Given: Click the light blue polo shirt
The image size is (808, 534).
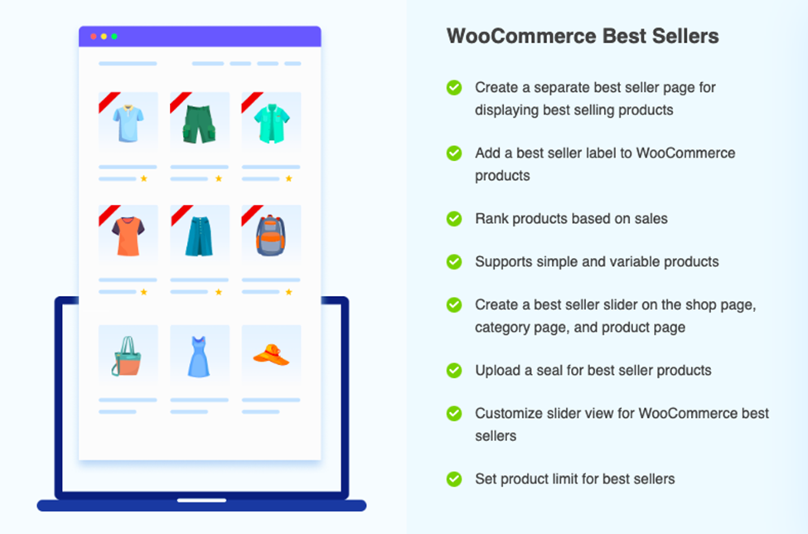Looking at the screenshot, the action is coord(128,123).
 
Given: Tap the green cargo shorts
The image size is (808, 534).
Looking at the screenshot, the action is coord(199,124).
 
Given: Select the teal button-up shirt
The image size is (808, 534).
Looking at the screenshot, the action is coord(271,124).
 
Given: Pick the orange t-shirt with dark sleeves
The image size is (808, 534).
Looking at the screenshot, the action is coord(128,236).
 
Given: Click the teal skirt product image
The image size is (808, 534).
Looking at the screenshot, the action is coord(199,236).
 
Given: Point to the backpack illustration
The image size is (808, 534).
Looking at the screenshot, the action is coord(271,235).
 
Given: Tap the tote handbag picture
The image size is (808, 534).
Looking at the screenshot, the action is coord(127,356).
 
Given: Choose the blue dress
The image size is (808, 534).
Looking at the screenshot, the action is coord(199,357).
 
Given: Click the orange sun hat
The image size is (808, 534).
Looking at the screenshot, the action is coord(271,355).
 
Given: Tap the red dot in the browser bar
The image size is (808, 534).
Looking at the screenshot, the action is coord(94,36).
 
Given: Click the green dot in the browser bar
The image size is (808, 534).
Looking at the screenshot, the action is coord(114,36).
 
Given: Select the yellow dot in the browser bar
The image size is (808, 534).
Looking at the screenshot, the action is coord(104,36).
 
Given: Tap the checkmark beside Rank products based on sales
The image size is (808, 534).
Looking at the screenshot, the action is coord(454,219).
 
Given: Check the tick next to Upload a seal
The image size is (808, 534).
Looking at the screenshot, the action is coord(454,370).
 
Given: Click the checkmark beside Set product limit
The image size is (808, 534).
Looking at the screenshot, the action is coord(454,478).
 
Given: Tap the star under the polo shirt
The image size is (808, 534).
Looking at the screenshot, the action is coord(143,178).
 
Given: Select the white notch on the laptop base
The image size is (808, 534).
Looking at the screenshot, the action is coord(201,500).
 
